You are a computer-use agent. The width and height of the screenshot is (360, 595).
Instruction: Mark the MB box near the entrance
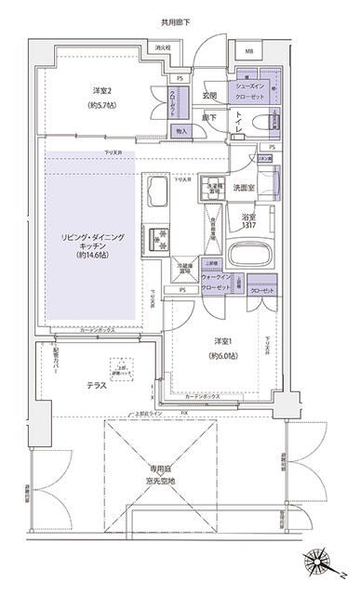(x=249, y=51)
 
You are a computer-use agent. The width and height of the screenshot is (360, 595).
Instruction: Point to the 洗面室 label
(x=247, y=187)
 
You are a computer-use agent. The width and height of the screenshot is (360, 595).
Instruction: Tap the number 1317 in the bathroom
(x=247, y=227)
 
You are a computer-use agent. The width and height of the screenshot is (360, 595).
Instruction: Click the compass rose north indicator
(x=320, y=561)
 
